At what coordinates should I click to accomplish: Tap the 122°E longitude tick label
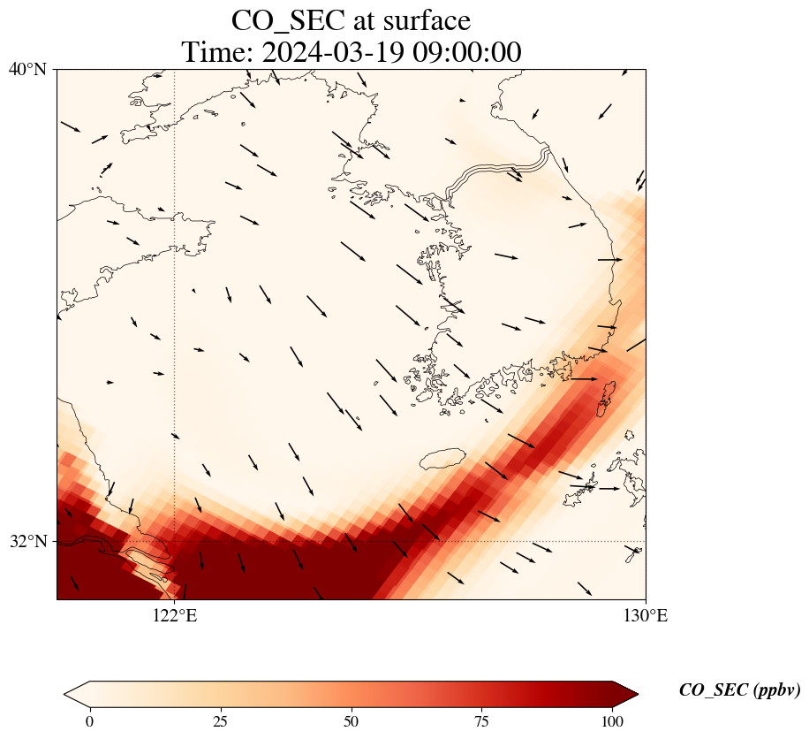pyautogui.click(x=175, y=616)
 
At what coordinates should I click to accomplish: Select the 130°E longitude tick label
pyautogui.click(x=646, y=616)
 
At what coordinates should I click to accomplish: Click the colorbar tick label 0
pyautogui.click(x=89, y=721)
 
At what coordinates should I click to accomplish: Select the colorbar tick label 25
pyautogui.click(x=220, y=721)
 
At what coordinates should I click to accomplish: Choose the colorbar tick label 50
pyautogui.click(x=352, y=721)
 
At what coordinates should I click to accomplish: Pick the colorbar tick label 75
pyautogui.click(x=482, y=721)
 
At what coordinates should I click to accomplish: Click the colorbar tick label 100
pyautogui.click(x=613, y=721)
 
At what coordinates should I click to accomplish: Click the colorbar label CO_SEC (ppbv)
pyautogui.click(x=739, y=691)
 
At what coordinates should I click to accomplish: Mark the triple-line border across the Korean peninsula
pyautogui.click(x=499, y=169)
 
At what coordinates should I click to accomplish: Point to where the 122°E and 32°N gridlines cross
pyautogui.click(x=175, y=541)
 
